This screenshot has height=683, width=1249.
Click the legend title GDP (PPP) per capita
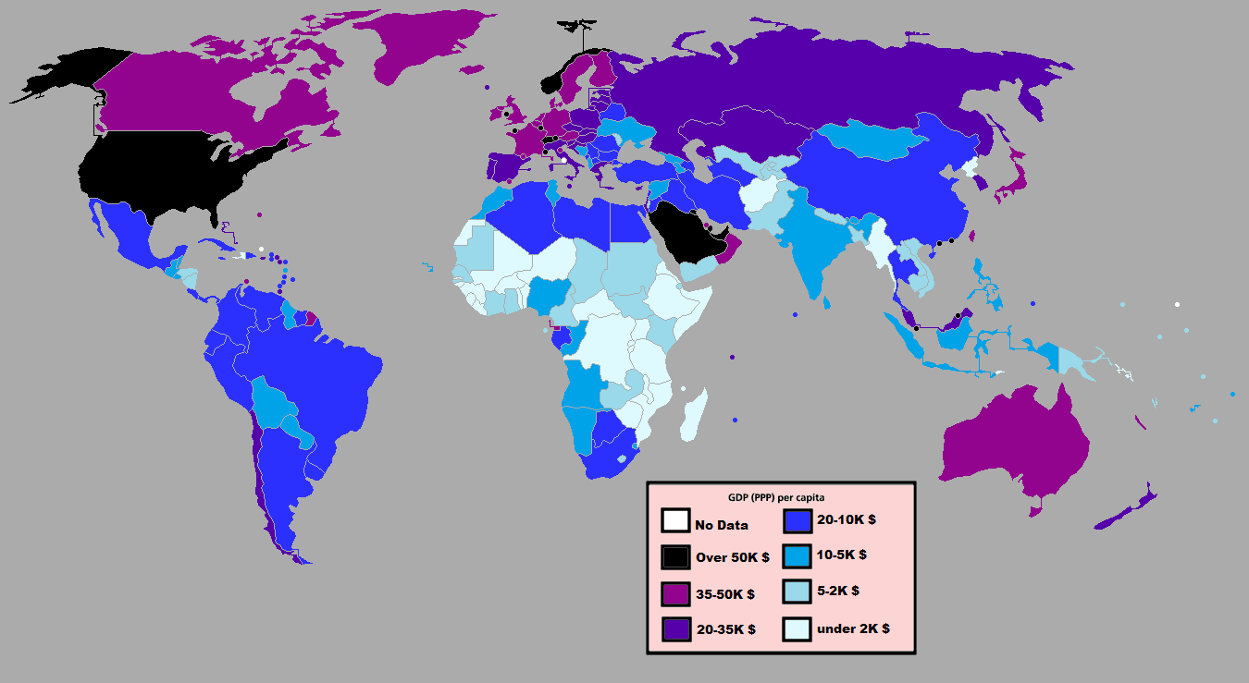point(781,497)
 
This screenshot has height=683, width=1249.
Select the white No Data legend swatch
point(674,521)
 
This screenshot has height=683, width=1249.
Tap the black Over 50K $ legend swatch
point(674,557)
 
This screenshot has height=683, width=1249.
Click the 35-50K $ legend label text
point(724,594)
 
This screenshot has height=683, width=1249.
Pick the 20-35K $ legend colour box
point(674,628)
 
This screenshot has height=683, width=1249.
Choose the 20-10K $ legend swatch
point(797,521)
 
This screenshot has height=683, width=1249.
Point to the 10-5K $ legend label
point(841,555)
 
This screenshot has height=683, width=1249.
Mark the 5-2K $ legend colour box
point(797,592)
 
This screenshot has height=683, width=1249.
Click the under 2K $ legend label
point(852,628)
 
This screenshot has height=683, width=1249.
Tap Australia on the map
point(1018,444)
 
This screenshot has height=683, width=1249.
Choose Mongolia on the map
point(865,139)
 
